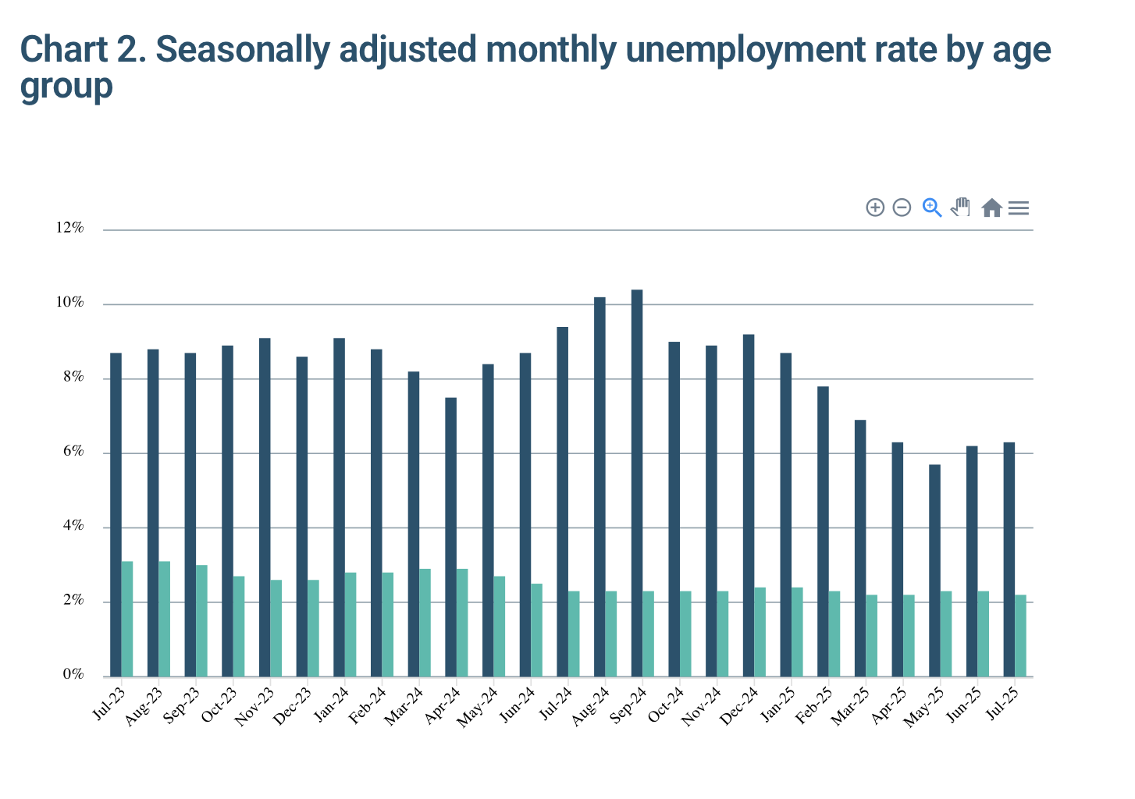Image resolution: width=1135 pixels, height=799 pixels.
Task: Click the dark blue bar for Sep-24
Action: pyautogui.click(x=637, y=483)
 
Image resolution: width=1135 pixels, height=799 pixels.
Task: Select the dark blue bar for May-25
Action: pyautogui.click(x=934, y=570)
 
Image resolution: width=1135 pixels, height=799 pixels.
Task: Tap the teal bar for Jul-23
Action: pyautogui.click(x=127, y=619)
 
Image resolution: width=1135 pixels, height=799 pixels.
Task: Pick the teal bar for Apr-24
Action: pyautogui.click(x=462, y=623)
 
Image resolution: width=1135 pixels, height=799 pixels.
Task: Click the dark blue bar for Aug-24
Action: pyautogui.click(x=600, y=487)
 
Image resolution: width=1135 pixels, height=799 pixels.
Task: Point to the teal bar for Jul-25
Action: pyautogui.click(x=1020, y=636)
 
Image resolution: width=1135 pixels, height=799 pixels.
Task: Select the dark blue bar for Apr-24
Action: pyautogui.click(x=450, y=537)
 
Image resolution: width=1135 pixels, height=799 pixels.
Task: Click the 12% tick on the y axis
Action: pyautogui.click(x=69, y=228)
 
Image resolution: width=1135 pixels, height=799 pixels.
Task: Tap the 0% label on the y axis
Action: pyautogui.click(x=73, y=675)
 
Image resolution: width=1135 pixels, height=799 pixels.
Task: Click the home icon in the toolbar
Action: pyautogui.click(x=991, y=208)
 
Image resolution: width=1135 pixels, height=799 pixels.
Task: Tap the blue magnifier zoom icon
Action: pyautogui.click(x=932, y=208)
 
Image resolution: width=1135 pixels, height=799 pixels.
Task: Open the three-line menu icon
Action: pyautogui.click(x=1019, y=208)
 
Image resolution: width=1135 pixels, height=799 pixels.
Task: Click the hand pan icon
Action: pyautogui.click(x=961, y=208)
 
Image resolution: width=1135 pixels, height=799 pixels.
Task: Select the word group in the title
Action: pyautogui.click(x=66, y=86)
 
